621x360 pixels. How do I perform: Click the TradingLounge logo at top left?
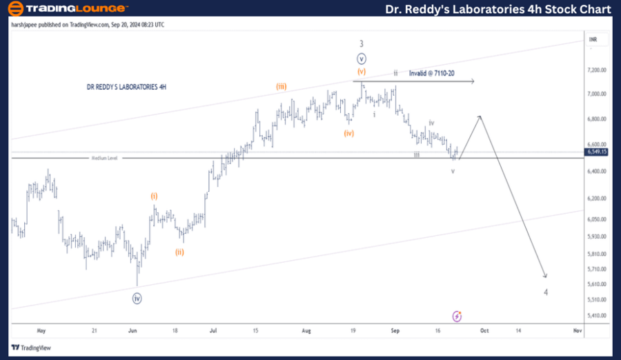tap(68, 8)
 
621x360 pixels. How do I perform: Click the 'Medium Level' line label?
tap(105, 158)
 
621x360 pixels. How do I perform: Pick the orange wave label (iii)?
tap(282, 86)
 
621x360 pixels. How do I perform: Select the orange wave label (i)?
tap(154, 196)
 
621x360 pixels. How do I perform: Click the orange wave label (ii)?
tap(179, 252)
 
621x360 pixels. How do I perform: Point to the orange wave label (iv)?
tap(349, 133)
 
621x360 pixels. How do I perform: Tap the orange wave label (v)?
tap(362, 71)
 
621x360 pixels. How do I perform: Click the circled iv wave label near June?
tap(137, 299)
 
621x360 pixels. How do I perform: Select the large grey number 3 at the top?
tap(361, 43)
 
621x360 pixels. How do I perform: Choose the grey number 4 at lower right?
tap(546, 292)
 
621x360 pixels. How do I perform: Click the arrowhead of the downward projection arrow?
tap(545, 276)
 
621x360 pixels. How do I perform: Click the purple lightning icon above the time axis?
tap(457, 316)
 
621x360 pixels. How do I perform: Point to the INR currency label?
tap(593, 40)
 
